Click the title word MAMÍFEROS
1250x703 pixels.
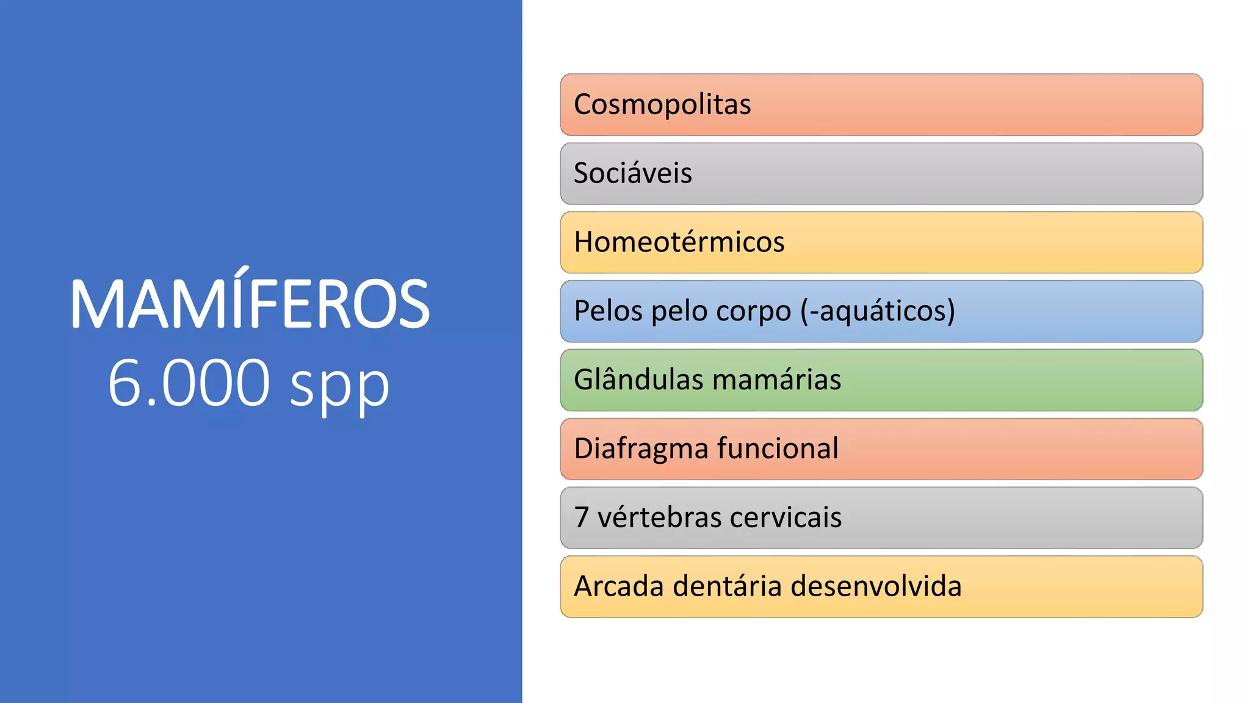point(250,304)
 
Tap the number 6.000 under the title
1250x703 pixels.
point(189,383)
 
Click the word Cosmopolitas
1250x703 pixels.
point(662,104)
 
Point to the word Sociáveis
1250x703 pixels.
point(633,173)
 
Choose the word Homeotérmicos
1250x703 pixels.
point(679,242)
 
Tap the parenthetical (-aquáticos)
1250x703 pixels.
point(878,311)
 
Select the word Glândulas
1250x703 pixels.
point(638,380)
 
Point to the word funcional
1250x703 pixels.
point(778,449)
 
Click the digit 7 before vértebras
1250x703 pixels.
point(581,517)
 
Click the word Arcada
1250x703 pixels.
point(620,586)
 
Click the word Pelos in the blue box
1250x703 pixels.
point(609,311)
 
